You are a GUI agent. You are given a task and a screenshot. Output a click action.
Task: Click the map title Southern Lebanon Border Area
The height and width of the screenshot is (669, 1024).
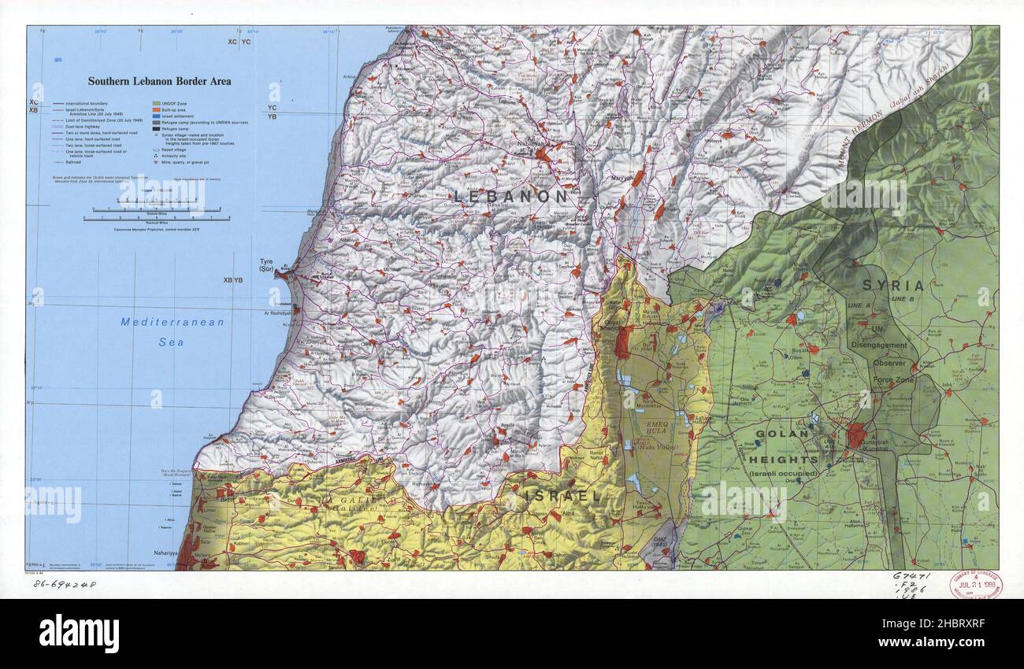point(159,81)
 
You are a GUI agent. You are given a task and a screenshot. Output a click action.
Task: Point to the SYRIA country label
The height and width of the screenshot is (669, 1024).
point(892,285)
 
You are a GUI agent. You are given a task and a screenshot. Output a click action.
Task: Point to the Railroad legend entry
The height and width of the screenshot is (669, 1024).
point(67,161)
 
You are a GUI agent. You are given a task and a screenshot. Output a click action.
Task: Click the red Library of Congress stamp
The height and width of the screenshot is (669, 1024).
point(974,585)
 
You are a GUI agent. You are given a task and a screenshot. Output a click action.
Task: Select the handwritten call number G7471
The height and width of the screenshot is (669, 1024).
point(911,575)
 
